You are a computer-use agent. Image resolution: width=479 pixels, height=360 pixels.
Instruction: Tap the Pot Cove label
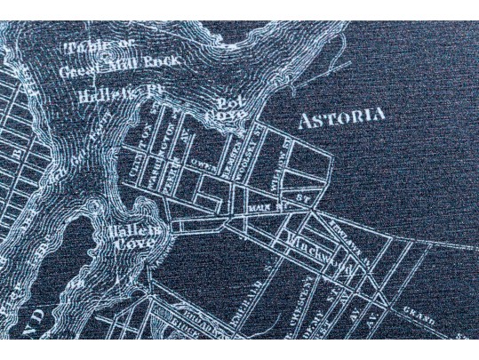(224, 109)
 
